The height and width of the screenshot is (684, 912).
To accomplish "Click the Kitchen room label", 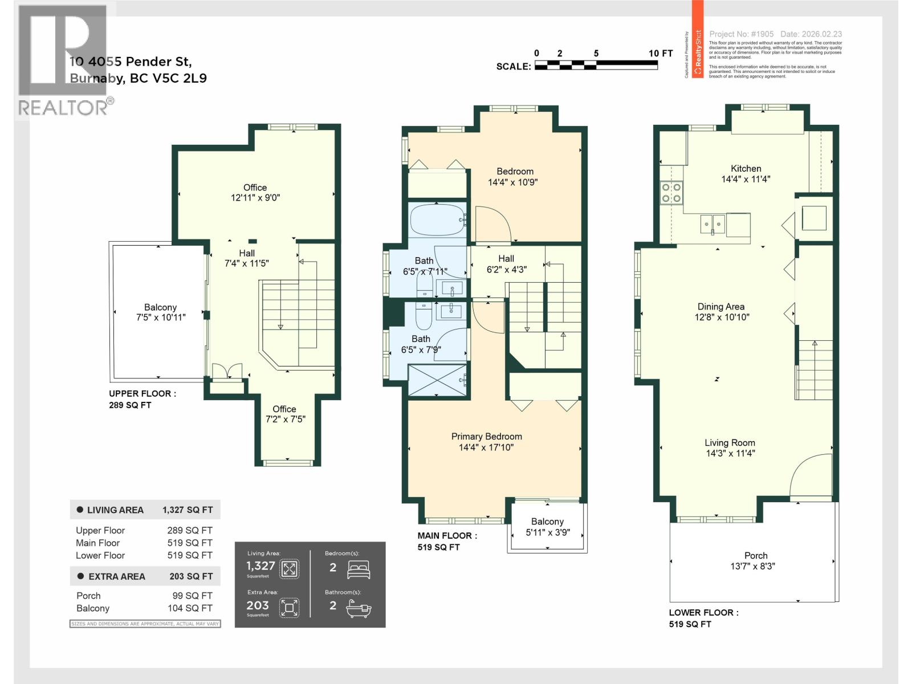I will pos(746,169).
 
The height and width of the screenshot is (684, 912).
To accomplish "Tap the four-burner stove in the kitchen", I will pos(671,193).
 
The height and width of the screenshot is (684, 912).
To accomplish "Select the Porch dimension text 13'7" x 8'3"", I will pos(752,567).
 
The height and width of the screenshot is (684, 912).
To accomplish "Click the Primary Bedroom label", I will pos(486,437).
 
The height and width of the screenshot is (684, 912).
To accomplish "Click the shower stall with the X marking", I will pos(437,379).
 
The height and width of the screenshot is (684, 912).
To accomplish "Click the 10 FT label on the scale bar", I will pos(660,53).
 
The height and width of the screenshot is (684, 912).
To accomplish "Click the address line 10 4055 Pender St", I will pos(131,62).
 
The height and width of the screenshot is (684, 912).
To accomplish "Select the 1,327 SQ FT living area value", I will pos(188,510).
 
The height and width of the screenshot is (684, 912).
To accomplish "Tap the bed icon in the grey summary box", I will pos(359,568).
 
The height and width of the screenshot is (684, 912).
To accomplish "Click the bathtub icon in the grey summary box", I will pos(359,608).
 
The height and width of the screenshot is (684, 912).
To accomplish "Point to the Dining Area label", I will pos(720,307).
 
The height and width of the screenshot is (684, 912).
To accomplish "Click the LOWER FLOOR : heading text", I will pos(703,613).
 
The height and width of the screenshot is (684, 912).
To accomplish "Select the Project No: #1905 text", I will pos(741,34).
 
